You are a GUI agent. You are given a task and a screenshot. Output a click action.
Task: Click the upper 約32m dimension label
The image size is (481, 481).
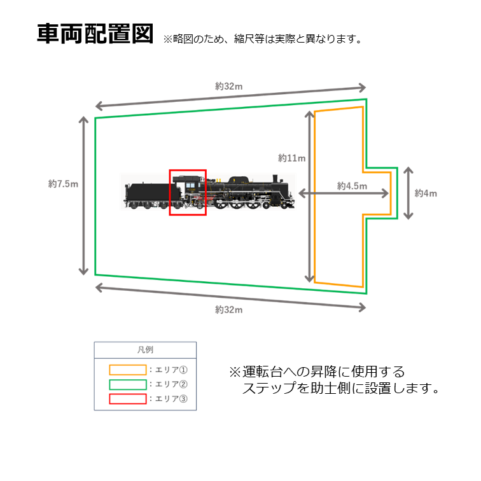click(x=228, y=87)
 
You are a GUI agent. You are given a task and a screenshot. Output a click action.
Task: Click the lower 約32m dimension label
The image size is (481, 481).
click(x=228, y=310)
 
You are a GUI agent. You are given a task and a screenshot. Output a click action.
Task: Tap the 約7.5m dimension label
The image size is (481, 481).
click(x=63, y=184)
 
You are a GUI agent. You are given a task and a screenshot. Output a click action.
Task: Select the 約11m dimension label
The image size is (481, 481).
click(x=291, y=158)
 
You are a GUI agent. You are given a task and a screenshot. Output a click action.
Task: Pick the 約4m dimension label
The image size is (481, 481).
click(x=426, y=193)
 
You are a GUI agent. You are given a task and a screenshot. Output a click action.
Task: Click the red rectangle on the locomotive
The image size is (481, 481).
click(x=188, y=192)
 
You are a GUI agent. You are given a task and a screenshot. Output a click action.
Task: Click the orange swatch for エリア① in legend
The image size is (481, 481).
click(x=127, y=369)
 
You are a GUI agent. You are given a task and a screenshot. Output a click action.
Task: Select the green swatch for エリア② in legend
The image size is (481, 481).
click(x=127, y=384)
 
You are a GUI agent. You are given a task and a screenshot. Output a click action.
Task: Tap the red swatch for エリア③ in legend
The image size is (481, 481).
click(x=127, y=400)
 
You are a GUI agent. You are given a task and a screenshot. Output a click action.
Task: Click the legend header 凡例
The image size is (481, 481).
click(x=145, y=349)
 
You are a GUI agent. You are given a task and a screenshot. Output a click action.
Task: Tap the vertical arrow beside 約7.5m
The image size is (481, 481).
click(x=83, y=195)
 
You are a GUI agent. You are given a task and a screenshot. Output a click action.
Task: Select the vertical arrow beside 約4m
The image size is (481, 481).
click(x=408, y=193)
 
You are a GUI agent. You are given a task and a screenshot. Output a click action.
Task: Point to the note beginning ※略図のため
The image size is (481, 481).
click(x=263, y=39)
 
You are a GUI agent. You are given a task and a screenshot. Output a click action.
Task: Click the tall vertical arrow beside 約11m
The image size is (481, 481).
click(x=310, y=196)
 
